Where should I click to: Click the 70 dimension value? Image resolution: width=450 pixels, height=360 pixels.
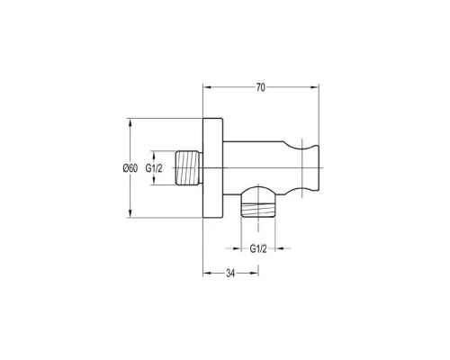tap(261, 87)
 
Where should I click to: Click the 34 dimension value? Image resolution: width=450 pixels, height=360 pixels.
tap(230, 274)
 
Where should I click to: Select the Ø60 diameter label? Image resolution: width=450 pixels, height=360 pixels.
tap(130, 168)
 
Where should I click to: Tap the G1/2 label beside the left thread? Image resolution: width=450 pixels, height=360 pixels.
tap(154, 168)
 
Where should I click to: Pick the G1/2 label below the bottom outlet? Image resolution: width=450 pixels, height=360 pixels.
tap(258, 248)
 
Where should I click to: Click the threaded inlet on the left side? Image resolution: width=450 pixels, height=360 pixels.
tap(189, 167)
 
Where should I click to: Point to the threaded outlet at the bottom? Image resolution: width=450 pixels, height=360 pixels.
tap(258, 210)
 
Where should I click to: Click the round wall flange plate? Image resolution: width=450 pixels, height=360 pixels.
tap(213, 168)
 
